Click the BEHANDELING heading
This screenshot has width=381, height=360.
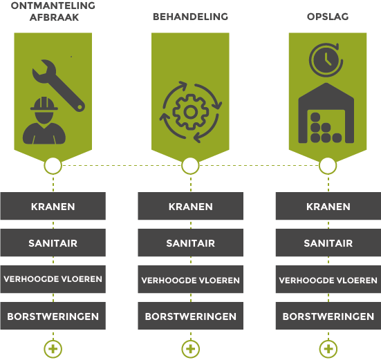point(191,17)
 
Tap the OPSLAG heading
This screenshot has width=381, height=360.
point(328,17)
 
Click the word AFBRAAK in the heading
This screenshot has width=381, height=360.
point(54,17)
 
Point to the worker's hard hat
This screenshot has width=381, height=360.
point(44,104)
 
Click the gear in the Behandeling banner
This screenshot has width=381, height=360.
point(191,112)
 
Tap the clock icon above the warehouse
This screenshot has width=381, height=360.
point(326,60)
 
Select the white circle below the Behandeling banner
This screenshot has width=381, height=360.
point(190,166)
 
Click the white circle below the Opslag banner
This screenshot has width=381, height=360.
point(328,166)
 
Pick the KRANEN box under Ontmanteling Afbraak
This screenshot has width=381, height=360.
point(53,206)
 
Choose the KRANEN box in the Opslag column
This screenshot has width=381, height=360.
point(328,206)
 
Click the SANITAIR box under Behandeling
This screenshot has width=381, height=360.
point(191,243)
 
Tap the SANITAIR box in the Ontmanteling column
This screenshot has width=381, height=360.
point(53,243)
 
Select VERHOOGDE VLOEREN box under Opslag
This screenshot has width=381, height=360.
point(328,279)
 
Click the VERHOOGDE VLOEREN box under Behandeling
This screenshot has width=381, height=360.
point(191,279)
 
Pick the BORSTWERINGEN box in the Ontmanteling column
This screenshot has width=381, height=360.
point(53,316)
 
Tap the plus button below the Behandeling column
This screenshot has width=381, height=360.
point(191,349)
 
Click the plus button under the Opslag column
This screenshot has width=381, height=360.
point(328,349)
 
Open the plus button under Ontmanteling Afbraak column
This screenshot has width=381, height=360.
point(53,349)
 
